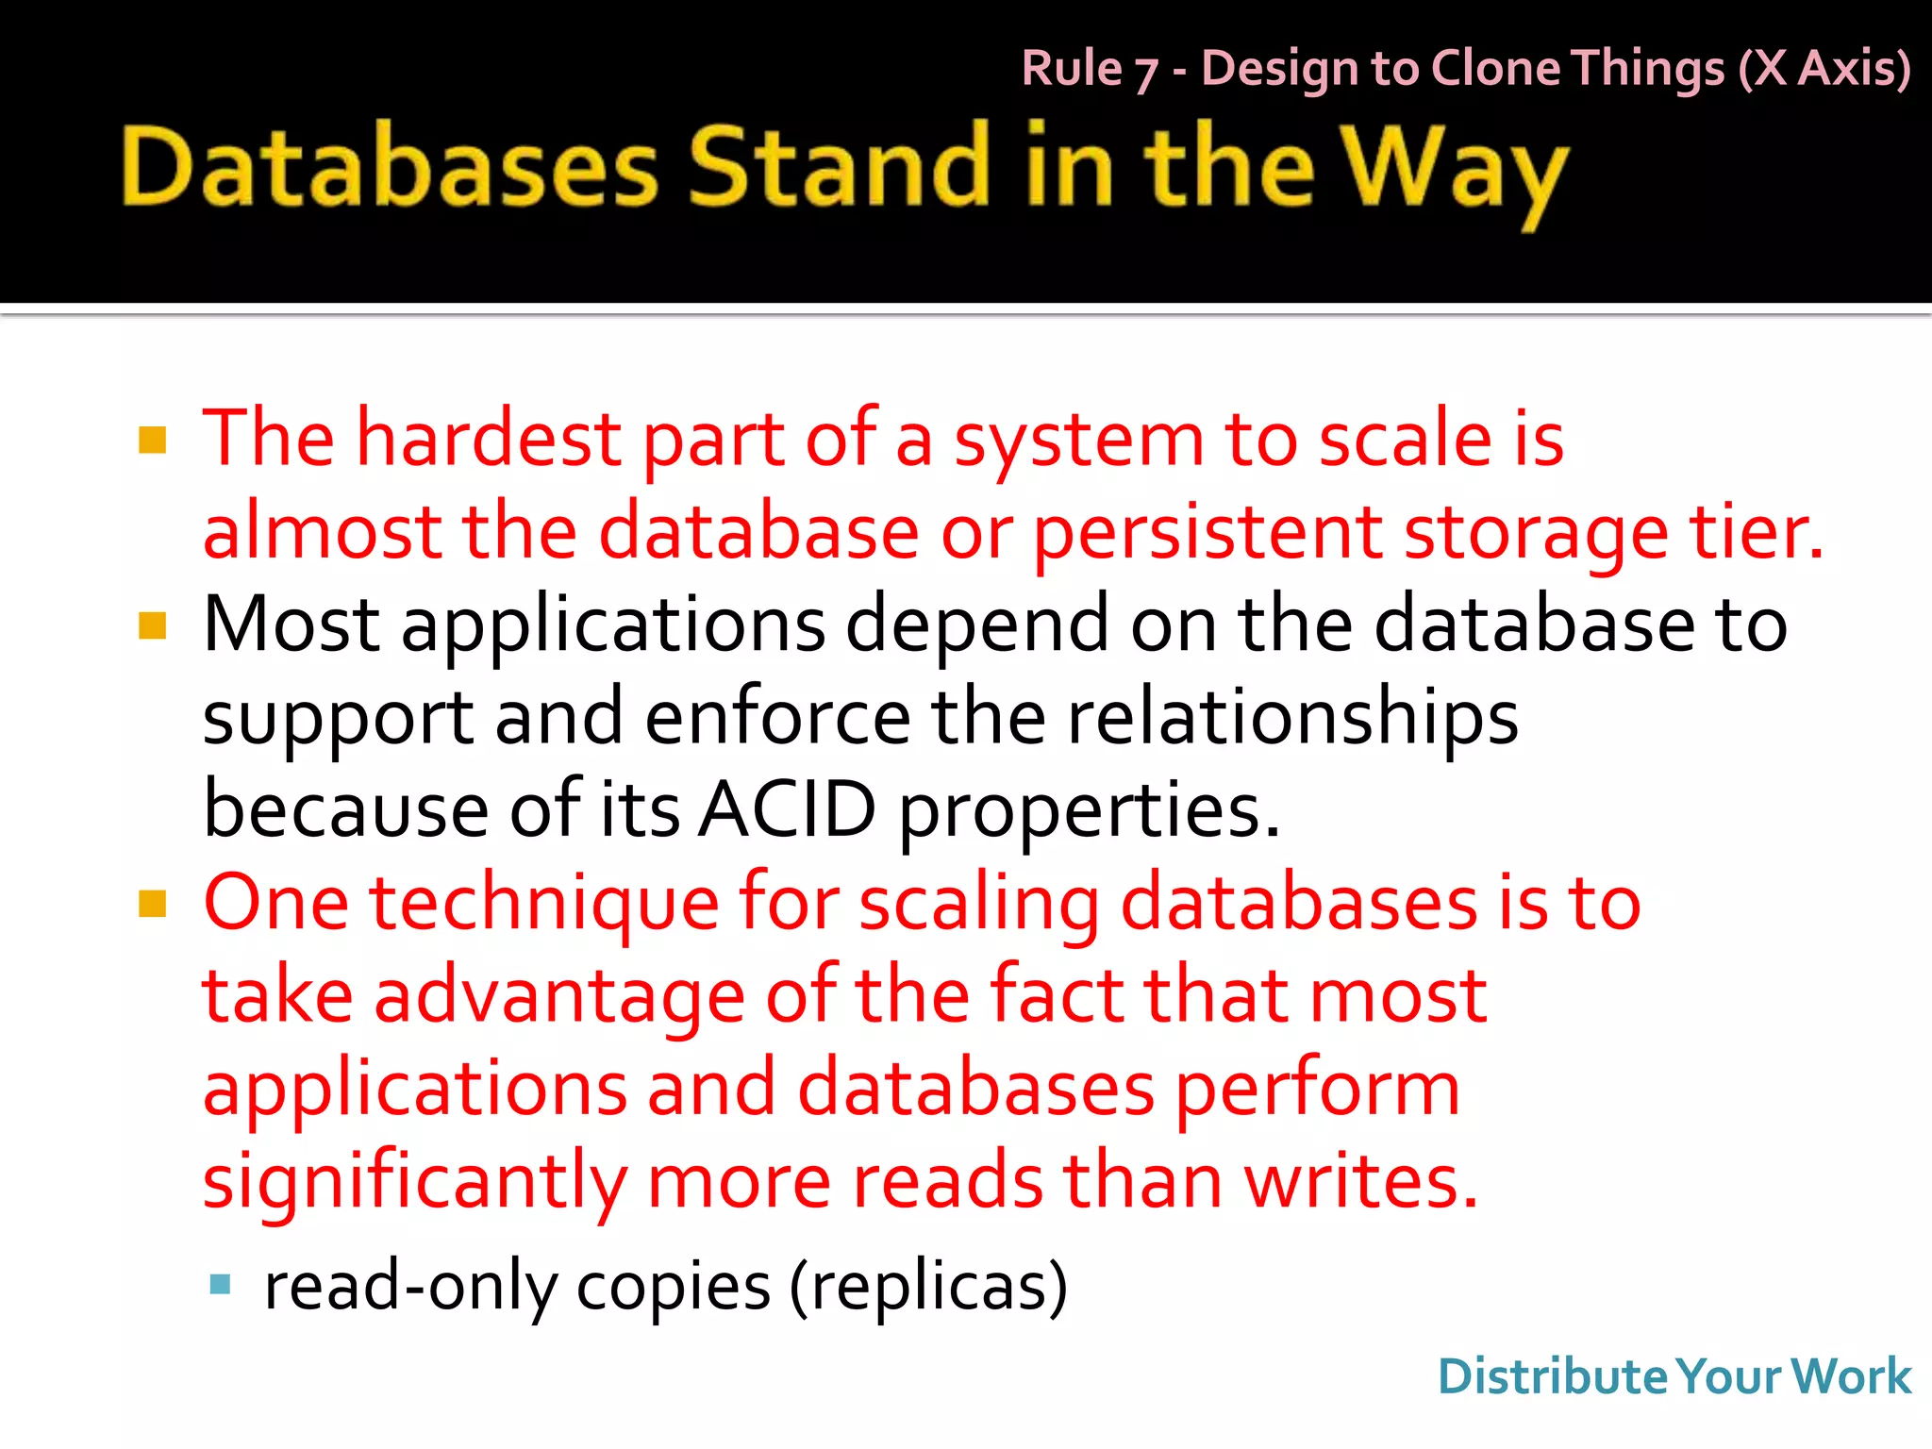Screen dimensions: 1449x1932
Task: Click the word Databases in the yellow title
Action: (389, 168)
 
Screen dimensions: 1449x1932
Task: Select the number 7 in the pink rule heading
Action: (1145, 73)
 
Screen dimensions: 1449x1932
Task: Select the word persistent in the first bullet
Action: (1207, 533)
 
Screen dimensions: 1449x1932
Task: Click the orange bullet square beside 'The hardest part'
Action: (152, 441)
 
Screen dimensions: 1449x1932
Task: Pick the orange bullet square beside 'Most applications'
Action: (152, 625)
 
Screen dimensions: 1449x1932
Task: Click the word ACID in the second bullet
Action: (787, 809)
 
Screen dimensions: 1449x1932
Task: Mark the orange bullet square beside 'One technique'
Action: (152, 904)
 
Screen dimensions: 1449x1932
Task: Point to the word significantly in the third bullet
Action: (415, 1183)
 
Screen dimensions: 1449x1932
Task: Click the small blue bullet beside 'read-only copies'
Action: (221, 1284)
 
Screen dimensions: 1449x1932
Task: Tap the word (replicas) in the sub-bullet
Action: (928, 1287)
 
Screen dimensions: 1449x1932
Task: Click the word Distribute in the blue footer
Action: (1553, 1376)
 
